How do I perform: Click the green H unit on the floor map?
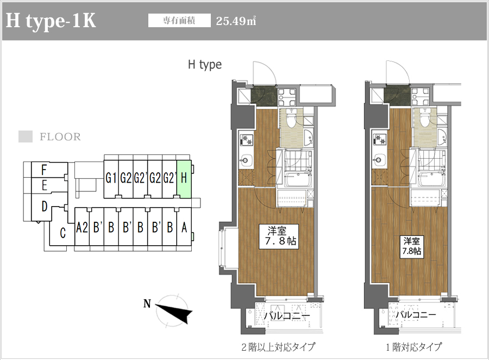pos(184,179)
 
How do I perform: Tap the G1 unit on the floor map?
pos(111,179)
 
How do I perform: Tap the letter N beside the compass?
pos(147,303)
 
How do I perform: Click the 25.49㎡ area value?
pos(236,21)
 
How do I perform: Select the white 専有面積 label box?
pos(179,21)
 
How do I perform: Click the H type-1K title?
pos(51,21)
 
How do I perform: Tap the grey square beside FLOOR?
pos(26,136)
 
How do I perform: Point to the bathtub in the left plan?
pos(298,179)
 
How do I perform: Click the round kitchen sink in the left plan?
pos(246,160)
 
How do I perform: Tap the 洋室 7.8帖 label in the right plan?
pos(412,246)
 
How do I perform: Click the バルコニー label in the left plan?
pos(287,316)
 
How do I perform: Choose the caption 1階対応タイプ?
pos(414,347)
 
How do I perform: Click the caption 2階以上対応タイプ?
pos(278,347)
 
